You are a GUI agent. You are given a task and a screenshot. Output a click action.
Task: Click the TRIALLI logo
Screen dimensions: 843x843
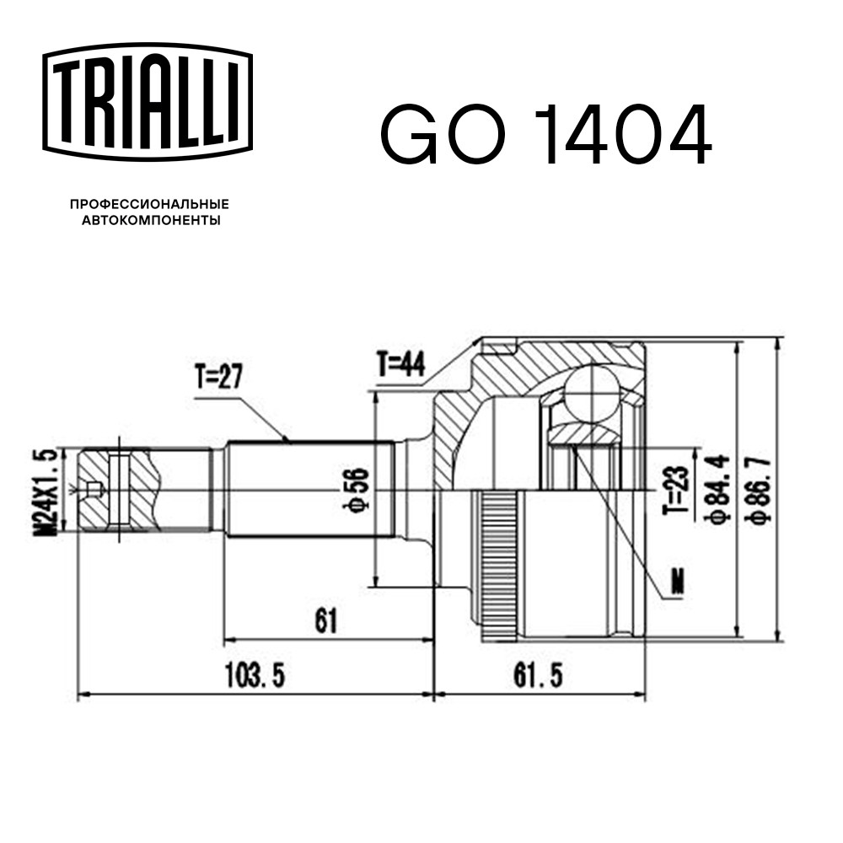pos(148,102)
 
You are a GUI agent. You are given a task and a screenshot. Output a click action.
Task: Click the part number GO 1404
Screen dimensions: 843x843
pos(546,134)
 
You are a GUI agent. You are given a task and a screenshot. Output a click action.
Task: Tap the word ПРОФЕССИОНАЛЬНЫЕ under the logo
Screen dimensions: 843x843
pos(149,204)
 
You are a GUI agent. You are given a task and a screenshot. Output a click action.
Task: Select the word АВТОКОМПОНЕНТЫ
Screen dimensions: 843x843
pos(151,220)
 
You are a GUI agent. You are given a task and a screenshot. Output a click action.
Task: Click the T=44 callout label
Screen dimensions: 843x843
pos(401,364)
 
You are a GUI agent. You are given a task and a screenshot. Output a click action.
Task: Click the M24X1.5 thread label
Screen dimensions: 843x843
pos(46,492)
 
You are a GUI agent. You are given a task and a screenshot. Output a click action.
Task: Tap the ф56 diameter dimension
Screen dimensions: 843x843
pos(357,489)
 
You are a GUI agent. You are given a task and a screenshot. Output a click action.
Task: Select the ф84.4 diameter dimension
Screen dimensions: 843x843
pos(720,488)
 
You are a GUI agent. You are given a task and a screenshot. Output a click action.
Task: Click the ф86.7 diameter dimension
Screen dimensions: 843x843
pos(760,489)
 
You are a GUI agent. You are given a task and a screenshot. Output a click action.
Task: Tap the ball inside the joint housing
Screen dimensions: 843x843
pos(590,392)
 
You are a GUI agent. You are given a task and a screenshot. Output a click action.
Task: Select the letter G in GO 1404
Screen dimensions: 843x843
pos(409,134)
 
